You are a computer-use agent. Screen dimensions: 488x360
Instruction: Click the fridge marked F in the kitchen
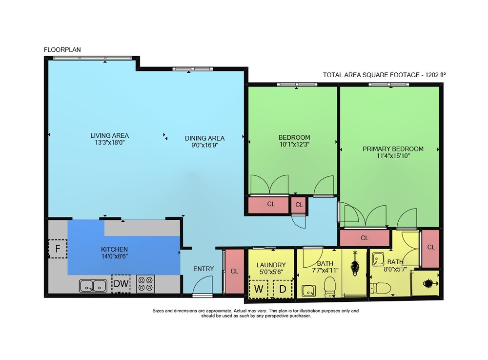coord(58,249)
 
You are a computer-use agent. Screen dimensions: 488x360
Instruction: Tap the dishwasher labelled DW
coord(121,283)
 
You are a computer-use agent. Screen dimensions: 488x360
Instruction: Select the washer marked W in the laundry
coord(258,289)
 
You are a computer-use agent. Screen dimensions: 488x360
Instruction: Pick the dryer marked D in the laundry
coord(283,289)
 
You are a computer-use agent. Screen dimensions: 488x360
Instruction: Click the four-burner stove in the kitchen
coord(145,284)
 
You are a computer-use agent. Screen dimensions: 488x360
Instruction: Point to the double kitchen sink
coord(93,286)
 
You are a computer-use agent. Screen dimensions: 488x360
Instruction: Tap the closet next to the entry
coord(234,271)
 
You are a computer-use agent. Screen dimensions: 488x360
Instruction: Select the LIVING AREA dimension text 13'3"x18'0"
coord(109,143)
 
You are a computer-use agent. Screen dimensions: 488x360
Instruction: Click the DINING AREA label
coord(205,138)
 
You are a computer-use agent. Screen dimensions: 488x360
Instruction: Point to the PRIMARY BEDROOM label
coord(393,149)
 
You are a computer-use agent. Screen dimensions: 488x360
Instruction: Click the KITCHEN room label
coord(114,249)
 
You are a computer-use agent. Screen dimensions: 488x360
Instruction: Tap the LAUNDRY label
coord(271,265)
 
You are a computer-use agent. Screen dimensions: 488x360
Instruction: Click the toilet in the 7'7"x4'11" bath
coord(329,287)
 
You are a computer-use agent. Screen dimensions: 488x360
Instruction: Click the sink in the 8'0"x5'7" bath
coord(379,259)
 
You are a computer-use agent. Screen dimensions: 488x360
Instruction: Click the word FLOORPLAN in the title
coord(62,49)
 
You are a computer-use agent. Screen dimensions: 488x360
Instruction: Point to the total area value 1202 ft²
coord(435,75)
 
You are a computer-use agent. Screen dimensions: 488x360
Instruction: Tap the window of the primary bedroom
coord(389,85)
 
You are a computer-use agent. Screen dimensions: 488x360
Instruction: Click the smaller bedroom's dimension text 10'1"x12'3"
coord(294,144)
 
